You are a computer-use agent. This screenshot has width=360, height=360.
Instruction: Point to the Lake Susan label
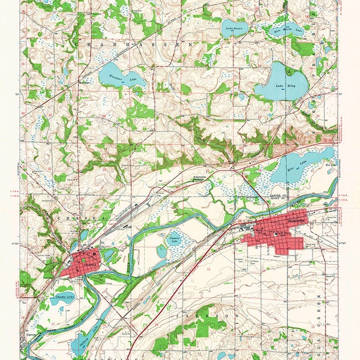click(233, 28)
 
